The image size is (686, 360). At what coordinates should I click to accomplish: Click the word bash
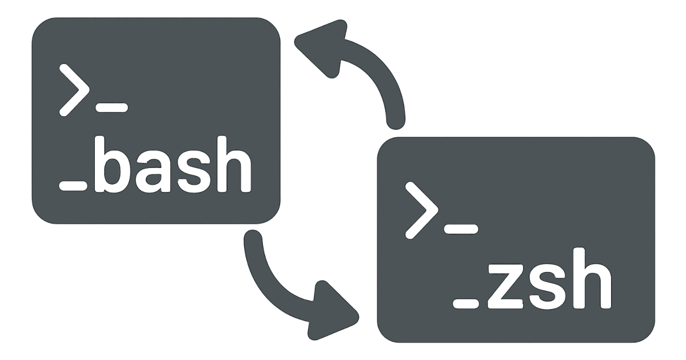tap(171, 166)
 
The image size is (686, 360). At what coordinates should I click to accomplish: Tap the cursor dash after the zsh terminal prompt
tap(460, 228)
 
